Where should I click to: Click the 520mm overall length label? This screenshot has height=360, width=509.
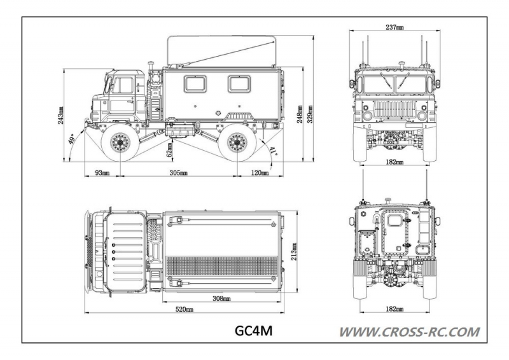(185, 310)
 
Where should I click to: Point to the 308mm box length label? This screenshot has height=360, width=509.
(221, 297)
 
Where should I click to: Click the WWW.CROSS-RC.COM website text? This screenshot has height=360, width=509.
(409, 331)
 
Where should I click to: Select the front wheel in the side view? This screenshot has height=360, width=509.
(119, 143)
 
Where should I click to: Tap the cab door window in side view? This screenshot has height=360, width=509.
(122, 85)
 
